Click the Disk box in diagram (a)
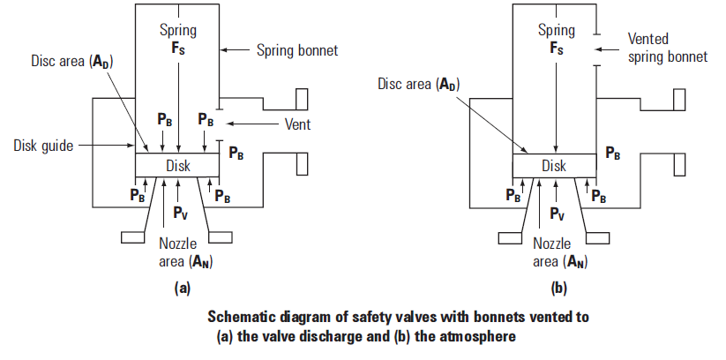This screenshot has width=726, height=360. click(x=177, y=165)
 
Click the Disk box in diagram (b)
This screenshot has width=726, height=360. click(x=554, y=165)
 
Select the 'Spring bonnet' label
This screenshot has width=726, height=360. click(x=297, y=50)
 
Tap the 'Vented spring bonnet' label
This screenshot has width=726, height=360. click(x=668, y=48)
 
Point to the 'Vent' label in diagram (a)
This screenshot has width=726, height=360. click(x=297, y=124)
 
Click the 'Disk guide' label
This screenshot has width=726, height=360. click(x=43, y=146)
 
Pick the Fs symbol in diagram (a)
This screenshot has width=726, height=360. click(x=178, y=49)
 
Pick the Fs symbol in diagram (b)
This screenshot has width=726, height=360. click(x=557, y=49)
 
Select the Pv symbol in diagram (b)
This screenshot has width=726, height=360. click(x=558, y=214)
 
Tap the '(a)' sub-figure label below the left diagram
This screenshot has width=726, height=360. click(x=183, y=289)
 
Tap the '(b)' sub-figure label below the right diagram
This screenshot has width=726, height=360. click(x=559, y=289)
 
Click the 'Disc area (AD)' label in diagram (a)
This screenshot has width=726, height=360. click(x=71, y=62)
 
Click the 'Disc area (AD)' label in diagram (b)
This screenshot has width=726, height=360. click(x=418, y=84)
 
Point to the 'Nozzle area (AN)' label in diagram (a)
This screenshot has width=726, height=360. click(x=185, y=252)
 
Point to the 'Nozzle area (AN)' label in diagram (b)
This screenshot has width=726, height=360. click(x=560, y=252)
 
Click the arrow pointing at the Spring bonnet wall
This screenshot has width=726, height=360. click(x=236, y=50)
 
